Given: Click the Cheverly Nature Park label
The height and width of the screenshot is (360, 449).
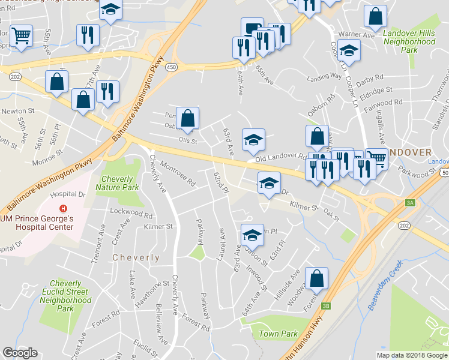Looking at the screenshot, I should [121, 183].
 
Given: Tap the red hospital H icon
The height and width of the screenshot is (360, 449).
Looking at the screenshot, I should [62, 210].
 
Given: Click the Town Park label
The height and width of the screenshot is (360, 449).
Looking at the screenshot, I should [278, 334].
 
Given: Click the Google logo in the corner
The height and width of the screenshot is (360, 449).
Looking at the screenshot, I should [20, 353].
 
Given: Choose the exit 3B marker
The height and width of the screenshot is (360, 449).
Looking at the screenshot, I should [326, 305].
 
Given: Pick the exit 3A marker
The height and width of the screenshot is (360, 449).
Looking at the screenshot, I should [410, 203].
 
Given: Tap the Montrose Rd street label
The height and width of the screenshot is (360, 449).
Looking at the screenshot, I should [178, 173].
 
